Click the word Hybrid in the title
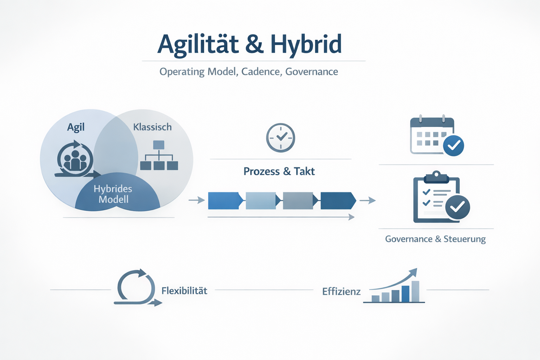point(306,44)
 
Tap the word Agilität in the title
point(198,44)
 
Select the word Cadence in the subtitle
point(261,72)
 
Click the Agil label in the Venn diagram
point(76,127)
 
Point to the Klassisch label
point(152,127)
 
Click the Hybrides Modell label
point(113,194)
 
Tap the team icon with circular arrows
point(75,159)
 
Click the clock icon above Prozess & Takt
point(280,138)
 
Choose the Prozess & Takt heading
point(279,172)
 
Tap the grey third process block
point(298,201)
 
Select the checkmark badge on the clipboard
point(457,207)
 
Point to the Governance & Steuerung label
point(435,239)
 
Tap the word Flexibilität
point(184,291)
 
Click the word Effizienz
point(341,291)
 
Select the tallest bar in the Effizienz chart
point(415,291)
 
